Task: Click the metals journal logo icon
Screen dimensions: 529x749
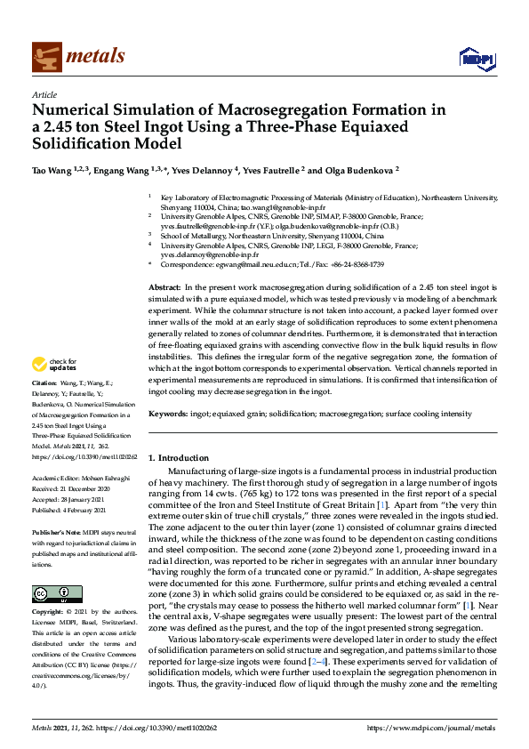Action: pyautogui.click(x=44, y=56)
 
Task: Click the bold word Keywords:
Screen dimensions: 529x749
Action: pyautogui.click(x=167, y=414)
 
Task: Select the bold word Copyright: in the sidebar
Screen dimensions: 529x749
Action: pyautogui.click(x=49, y=614)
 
